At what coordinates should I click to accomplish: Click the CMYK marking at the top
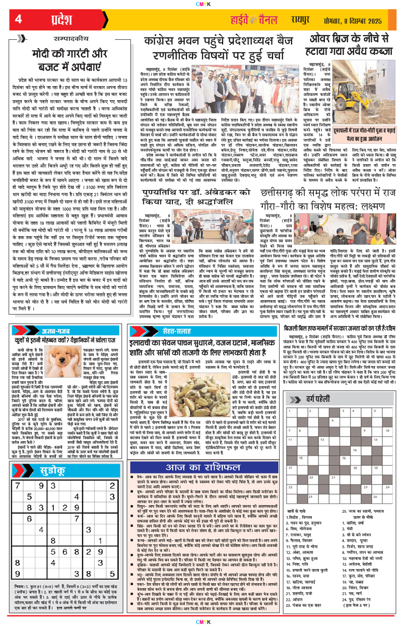[x=201, y=4]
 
